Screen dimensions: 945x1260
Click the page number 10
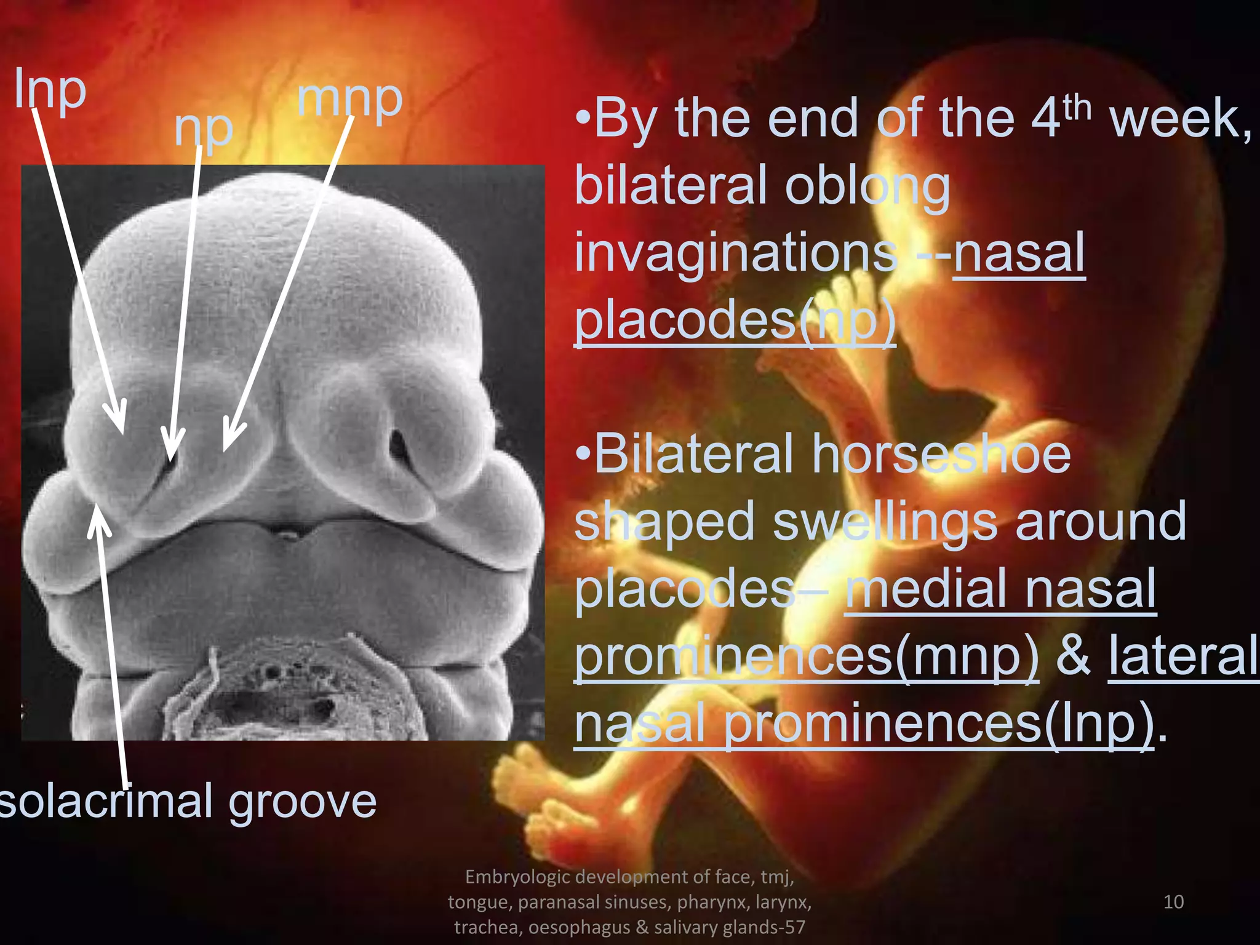(1173, 902)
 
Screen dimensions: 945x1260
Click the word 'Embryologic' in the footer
(517, 877)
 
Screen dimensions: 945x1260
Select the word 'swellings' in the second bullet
(887, 522)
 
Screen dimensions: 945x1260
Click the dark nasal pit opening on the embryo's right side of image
(399, 445)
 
